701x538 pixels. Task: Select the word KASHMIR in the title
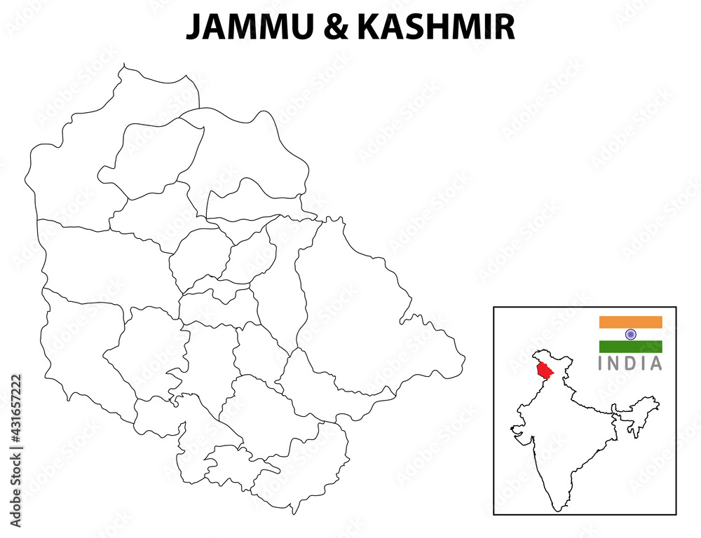point(436,27)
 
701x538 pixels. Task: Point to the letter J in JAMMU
point(193,28)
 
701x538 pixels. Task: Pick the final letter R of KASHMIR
point(505,27)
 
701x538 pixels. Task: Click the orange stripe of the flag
point(630,322)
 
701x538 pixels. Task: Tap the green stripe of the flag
point(630,346)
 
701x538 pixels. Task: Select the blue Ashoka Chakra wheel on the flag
point(630,334)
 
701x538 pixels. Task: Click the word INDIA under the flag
point(630,364)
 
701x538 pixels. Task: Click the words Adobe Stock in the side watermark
point(16,491)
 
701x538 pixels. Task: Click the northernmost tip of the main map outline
point(124,65)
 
